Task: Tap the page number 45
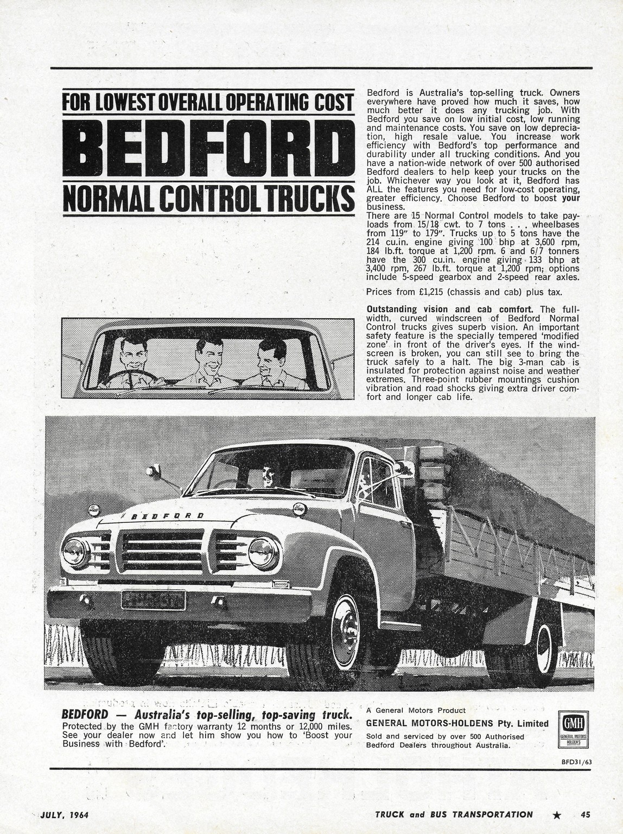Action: (x=584, y=814)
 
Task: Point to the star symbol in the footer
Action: (x=556, y=814)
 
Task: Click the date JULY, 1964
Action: (x=65, y=814)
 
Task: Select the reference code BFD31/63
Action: (x=576, y=761)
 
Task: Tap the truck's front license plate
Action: (x=153, y=601)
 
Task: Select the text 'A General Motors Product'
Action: (x=416, y=710)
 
